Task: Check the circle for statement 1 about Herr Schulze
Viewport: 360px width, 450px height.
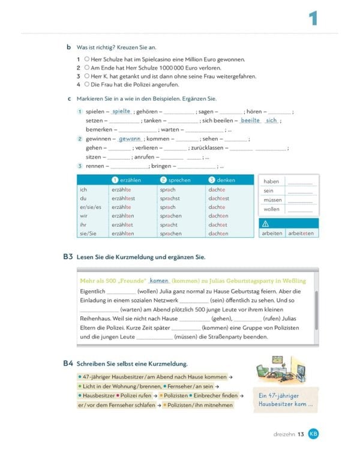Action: (x=87, y=59)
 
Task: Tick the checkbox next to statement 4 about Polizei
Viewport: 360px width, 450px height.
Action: (x=87, y=85)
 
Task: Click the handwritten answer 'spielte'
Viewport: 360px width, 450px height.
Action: (x=121, y=111)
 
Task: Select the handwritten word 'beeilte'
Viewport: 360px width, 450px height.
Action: (x=250, y=120)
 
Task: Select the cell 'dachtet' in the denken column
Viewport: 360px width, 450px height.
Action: (x=218, y=225)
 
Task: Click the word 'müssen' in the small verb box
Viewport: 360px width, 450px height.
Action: (x=272, y=200)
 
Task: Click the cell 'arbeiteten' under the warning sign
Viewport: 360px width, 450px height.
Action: (x=301, y=233)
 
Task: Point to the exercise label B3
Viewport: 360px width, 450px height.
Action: (x=68, y=257)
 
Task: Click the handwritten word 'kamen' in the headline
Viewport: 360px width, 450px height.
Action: (x=159, y=281)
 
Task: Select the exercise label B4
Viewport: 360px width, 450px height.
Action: (x=68, y=364)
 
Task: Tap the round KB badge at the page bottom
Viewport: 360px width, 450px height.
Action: (x=313, y=433)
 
